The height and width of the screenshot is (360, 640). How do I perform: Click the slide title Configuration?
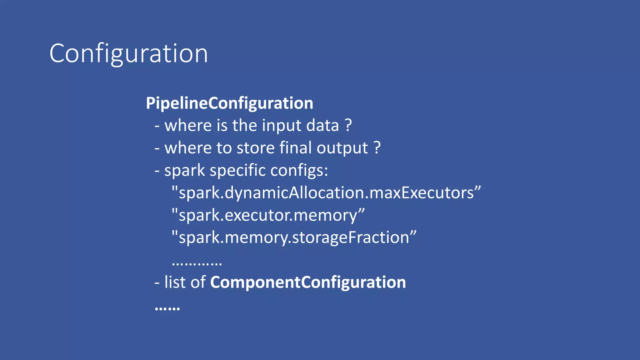pos(128,54)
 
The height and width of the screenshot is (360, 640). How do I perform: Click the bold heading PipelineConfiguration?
pos(229,103)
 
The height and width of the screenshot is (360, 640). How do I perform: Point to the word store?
pos(255,148)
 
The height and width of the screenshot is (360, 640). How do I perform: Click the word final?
pos(295,148)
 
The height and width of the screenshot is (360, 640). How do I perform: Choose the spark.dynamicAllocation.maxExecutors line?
pos(326,193)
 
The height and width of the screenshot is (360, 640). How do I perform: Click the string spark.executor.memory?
pos(268,215)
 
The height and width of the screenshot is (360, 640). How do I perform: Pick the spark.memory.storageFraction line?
pos(294,237)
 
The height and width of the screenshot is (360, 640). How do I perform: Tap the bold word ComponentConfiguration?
pos(308,282)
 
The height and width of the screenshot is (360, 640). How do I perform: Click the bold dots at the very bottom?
pos(167,309)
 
